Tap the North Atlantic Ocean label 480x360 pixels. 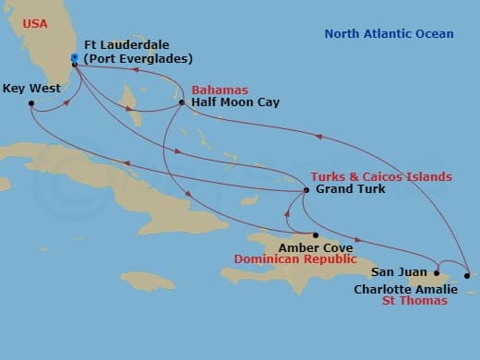point(389,34)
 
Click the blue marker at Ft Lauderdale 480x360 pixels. point(75,58)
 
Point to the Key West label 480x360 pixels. point(31,89)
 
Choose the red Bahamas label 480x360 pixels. point(221,90)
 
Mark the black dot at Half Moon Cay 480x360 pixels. point(182,102)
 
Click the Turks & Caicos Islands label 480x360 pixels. point(381,176)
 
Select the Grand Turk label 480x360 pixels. point(351,189)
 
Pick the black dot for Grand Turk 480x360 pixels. point(306,190)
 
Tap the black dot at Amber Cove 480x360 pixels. point(315,234)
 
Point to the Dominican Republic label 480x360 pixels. point(294,260)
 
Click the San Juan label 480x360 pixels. point(400,272)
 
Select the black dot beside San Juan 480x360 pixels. point(437,272)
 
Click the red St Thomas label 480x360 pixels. point(417,301)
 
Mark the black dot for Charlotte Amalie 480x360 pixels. point(468,275)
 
